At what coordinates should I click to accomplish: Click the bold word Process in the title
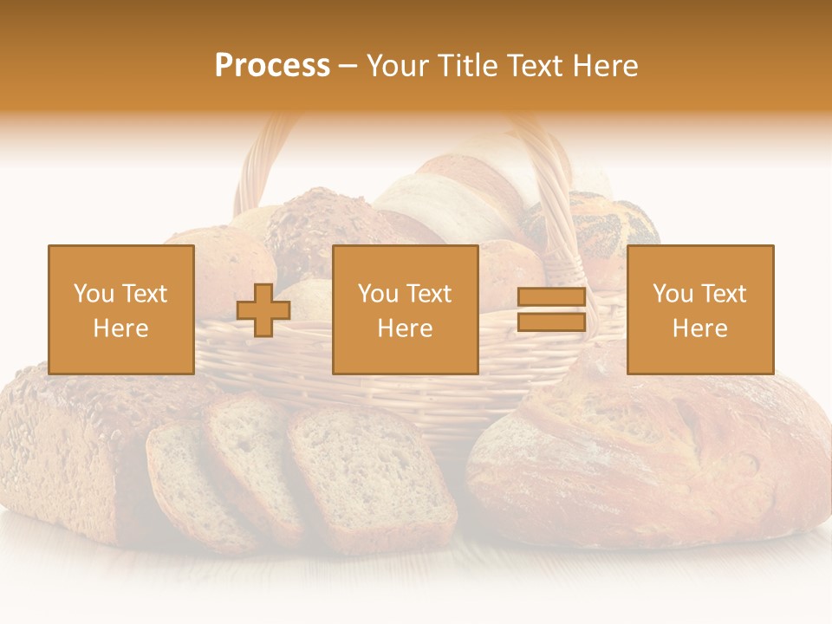(x=272, y=66)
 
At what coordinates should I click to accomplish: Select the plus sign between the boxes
(x=263, y=310)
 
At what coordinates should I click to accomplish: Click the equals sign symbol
(x=551, y=310)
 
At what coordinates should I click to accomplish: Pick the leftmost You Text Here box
(x=121, y=310)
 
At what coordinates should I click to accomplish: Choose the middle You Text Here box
(x=406, y=310)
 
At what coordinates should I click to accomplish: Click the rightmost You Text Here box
(x=700, y=310)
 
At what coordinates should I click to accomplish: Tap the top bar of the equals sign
(x=551, y=298)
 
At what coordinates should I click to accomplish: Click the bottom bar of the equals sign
(x=551, y=322)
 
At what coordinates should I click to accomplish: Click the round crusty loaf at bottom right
(x=650, y=459)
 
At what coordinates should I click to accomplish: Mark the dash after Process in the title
(x=348, y=66)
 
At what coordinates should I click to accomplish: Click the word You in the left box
(x=94, y=294)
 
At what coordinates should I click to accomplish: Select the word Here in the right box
(x=700, y=328)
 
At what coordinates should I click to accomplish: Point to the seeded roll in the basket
(x=321, y=225)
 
